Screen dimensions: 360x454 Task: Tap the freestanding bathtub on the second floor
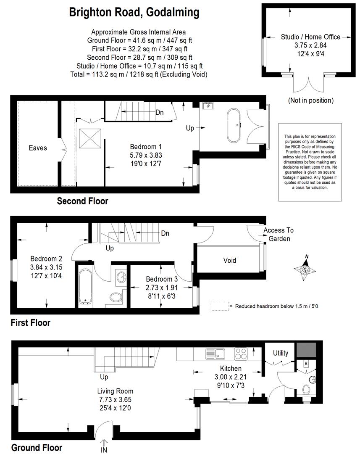pyautogui.click(x=234, y=126)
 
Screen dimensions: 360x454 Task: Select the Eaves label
pyautogui.click(x=38, y=148)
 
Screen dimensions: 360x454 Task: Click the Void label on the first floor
pyautogui.click(x=229, y=260)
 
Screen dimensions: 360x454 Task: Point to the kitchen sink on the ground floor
pyautogui.click(x=215, y=354)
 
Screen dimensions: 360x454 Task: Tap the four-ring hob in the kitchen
pyautogui.click(x=241, y=354)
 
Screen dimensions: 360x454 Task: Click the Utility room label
pyautogui.click(x=281, y=353)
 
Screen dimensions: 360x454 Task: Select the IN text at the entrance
pyautogui.click(x=104, y=450)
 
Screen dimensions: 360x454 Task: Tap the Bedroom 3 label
pyautogui.click(x=162, y=279)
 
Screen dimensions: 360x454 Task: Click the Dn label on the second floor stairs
pyautogui.click(x=160, y=112)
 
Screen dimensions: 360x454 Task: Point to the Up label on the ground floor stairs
pyautogui.click(x=104, y=377)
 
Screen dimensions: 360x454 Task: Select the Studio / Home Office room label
pyautogui.click(x=310, y=37)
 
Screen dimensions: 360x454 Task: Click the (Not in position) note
pyautogui.click(x=311, y=100)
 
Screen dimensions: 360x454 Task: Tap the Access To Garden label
pyautogui.click(x=279, y=235)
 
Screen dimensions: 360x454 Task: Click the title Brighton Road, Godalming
pyautogui.click(x=134, y=13)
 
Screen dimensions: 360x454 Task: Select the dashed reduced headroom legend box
pyautogui.click(x=220, y=306)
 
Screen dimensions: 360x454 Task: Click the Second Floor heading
pyautogui.click(x=82, y=201)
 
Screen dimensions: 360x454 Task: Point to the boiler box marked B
pyautogui.click(x=306, y=363)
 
